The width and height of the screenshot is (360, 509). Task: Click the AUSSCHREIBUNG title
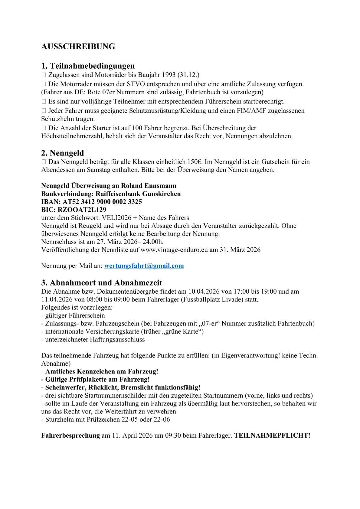[78, 47]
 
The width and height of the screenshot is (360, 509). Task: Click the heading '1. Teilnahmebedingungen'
[88, 66]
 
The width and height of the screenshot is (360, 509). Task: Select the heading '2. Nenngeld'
[63, 153]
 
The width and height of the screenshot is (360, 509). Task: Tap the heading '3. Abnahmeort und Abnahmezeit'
[102, 283]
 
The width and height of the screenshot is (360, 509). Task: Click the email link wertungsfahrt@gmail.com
[144, 266]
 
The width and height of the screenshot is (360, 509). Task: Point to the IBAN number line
[92, 202]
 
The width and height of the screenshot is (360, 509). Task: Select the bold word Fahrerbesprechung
[70, 436]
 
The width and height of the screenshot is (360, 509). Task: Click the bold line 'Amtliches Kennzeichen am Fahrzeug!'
[102, 371]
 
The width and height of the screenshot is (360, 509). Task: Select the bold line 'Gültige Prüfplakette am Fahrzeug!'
[97, 379]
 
